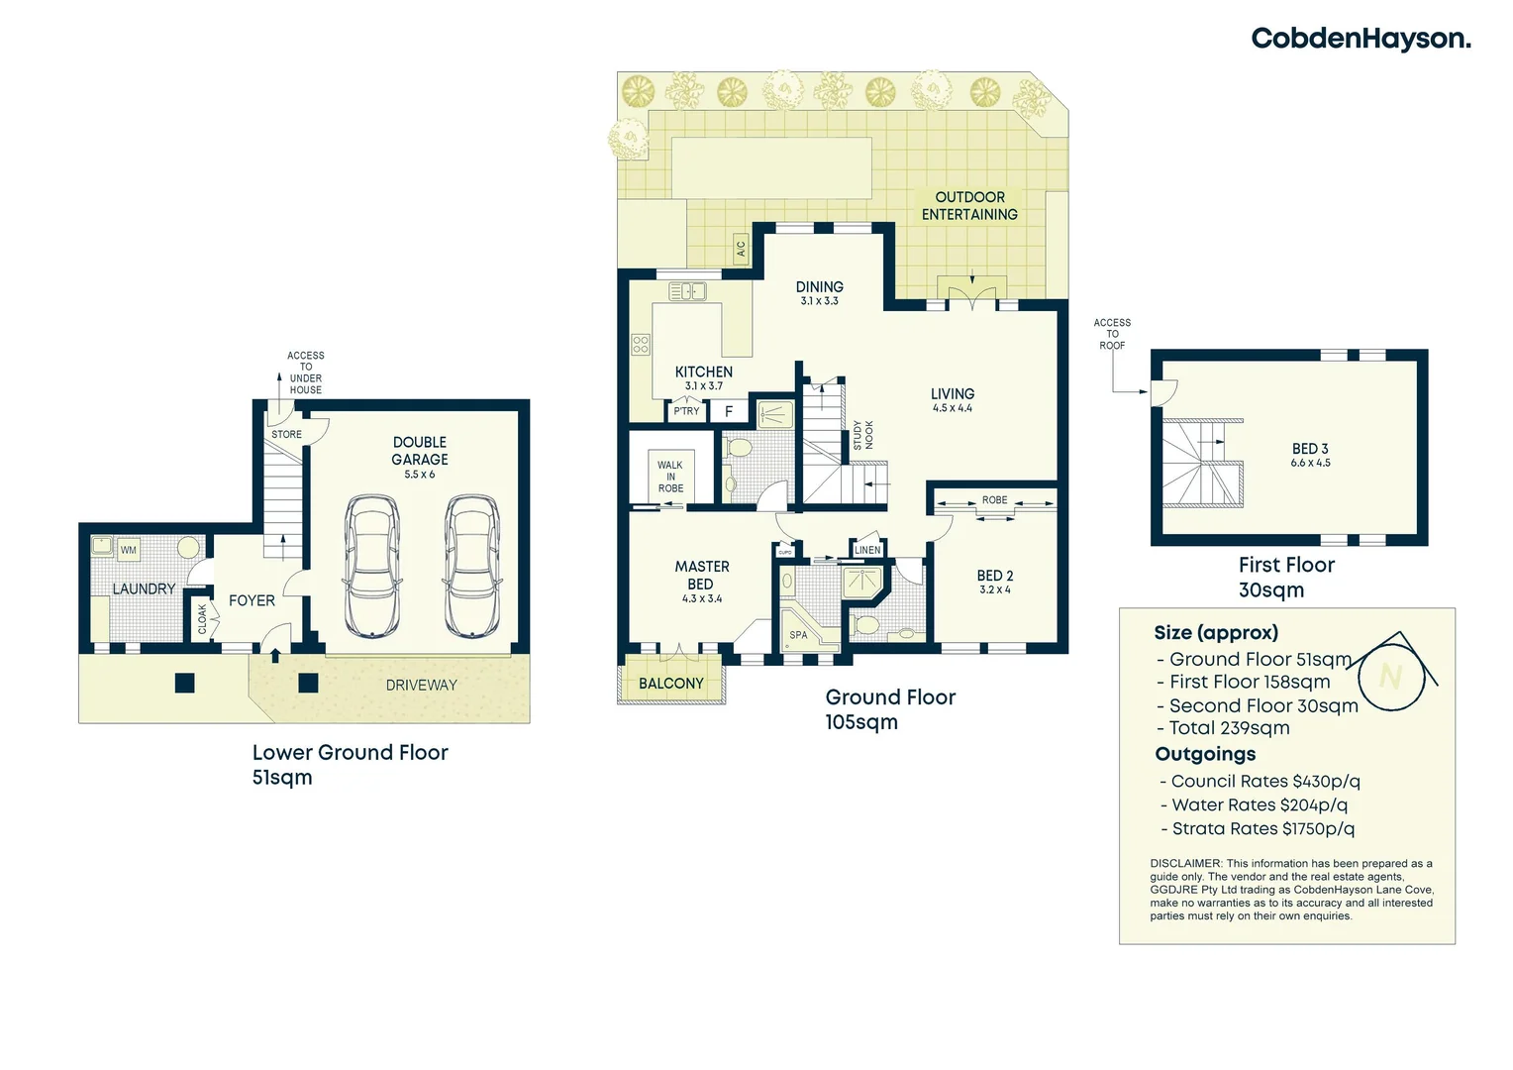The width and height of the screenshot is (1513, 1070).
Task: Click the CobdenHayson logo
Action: pos(1361,40)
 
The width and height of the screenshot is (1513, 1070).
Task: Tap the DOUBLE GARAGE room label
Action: pos(420,451)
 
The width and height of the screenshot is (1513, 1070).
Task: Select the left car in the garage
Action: pos(372,567)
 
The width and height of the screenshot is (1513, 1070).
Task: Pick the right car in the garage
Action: pos(472,567)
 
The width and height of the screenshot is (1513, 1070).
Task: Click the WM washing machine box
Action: pos(129,550)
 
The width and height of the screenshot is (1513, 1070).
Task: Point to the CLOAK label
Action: pos(203,618)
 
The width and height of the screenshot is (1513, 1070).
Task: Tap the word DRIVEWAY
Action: pos(422,686)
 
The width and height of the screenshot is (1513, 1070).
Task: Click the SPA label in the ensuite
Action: pos(798,635)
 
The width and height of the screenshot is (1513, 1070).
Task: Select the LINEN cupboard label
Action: pos(867,550)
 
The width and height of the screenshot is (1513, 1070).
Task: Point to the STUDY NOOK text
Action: pos(863,435)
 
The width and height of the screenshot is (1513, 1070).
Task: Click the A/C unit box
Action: pos(742,249)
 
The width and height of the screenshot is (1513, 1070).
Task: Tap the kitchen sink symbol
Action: pos(687,291)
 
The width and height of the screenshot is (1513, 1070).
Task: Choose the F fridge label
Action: pos(729,411)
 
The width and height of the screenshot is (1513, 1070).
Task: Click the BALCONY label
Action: pos(671,684)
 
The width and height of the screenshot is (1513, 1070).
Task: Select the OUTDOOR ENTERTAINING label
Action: pos(969,205)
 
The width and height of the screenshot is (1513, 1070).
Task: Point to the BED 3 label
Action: pos(1310,449)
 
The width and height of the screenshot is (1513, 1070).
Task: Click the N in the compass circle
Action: pos(1390,676)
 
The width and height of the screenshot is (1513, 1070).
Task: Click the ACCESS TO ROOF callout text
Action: pos(1112,334)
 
